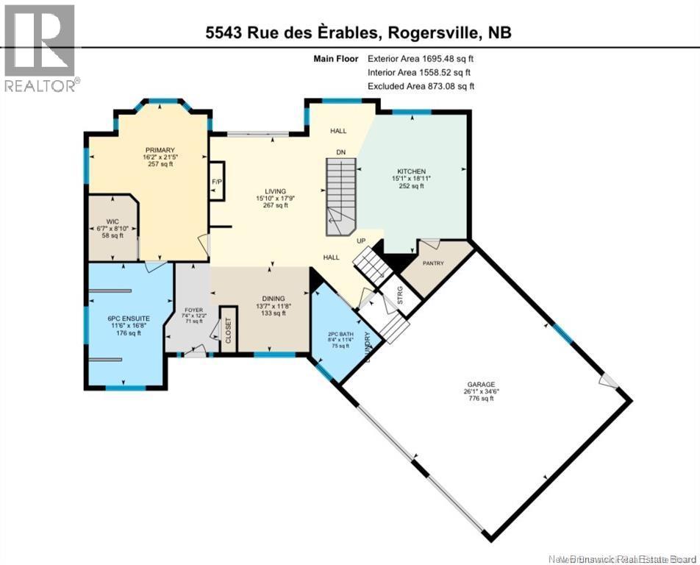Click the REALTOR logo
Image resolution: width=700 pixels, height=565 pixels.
[40, 48]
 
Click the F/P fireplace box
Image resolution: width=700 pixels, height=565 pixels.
[216, 181]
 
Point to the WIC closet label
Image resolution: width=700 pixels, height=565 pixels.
[112, 221]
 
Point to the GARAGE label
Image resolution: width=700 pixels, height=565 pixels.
[481, 384]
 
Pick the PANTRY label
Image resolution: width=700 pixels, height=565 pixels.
[434, 263]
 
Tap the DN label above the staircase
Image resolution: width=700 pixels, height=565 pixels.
[340, 152]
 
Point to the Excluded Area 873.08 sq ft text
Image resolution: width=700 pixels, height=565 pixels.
[421, 86]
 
